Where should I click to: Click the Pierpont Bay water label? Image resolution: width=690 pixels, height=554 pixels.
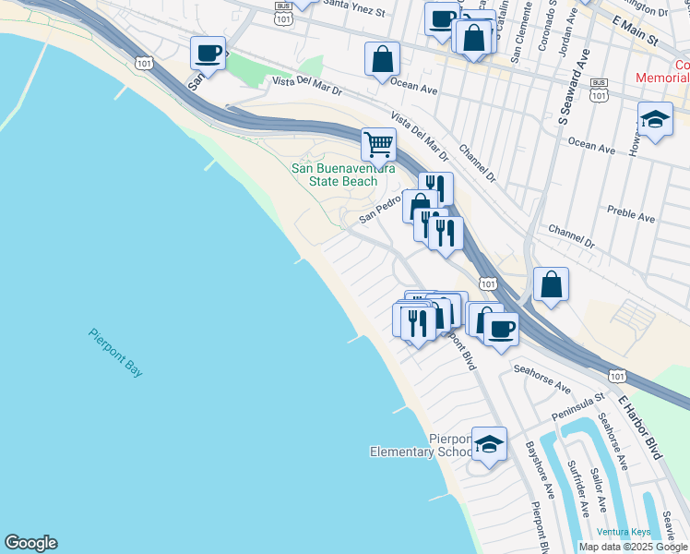point(116,352)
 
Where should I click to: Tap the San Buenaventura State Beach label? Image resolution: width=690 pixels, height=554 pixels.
point(343,175)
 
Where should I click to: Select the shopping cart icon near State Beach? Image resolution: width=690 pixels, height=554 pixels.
point(378,144)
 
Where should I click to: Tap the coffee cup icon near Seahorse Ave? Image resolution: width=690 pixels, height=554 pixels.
point(501,329)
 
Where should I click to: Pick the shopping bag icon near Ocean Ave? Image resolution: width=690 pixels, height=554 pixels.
point(382,60)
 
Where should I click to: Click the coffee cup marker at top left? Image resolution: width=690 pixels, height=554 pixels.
point(208,52)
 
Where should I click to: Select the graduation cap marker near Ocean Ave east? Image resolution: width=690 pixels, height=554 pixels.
point(655,120)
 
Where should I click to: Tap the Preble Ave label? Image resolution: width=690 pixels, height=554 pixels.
point(631,215)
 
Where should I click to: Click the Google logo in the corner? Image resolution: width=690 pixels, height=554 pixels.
point(30,543)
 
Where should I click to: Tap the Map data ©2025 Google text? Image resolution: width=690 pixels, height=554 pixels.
point(633,547)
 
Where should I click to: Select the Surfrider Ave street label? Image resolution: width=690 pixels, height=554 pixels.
point(577,487)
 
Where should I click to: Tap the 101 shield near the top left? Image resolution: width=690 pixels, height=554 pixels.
point(143,63)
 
